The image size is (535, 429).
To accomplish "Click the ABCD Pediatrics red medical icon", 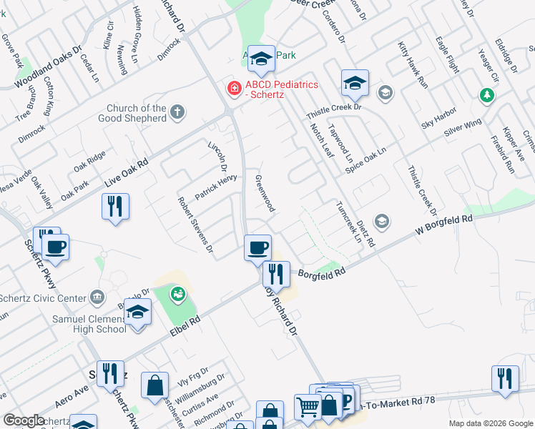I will [232, 89].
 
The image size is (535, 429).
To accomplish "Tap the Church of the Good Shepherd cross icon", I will [177, 112].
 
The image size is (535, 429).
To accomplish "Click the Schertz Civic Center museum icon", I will [98, 297].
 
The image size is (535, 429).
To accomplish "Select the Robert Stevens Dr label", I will [195, 225].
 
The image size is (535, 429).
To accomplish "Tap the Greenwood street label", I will [265, 193].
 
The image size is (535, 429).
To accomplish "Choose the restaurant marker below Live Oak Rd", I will [114, 207].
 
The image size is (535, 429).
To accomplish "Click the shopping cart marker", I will [308, 407].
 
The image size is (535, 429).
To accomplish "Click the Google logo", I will [24, 420].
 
